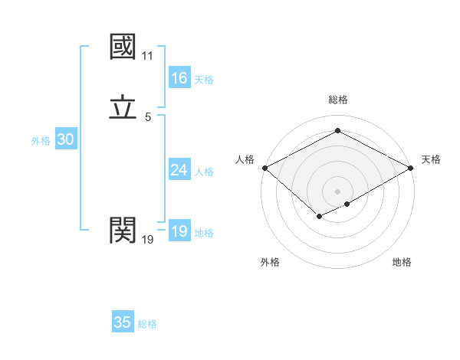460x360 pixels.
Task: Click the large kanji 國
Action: (123, 47)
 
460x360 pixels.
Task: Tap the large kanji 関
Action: (123, 228)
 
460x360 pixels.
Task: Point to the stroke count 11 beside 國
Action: (147, 56)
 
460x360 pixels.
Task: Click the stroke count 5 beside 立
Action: (148, 116)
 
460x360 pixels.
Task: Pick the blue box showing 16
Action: (179, 78)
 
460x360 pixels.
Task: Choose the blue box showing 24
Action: (179, 170)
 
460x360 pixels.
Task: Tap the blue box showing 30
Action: (65, 139)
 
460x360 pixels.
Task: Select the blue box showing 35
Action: (123, 322)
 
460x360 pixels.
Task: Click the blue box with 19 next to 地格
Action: (179, 231)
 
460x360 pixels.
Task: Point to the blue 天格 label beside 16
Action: (204, 80)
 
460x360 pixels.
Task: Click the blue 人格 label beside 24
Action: (204, 172)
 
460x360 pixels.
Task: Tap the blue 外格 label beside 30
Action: (41, 141)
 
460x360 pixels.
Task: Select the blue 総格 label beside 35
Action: (148, 324)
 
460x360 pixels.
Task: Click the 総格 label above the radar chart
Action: (338, 100)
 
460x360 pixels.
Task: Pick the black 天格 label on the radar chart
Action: (431, 159)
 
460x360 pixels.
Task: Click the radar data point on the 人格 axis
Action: (264, 168)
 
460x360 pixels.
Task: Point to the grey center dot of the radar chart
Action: (338, 191)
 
